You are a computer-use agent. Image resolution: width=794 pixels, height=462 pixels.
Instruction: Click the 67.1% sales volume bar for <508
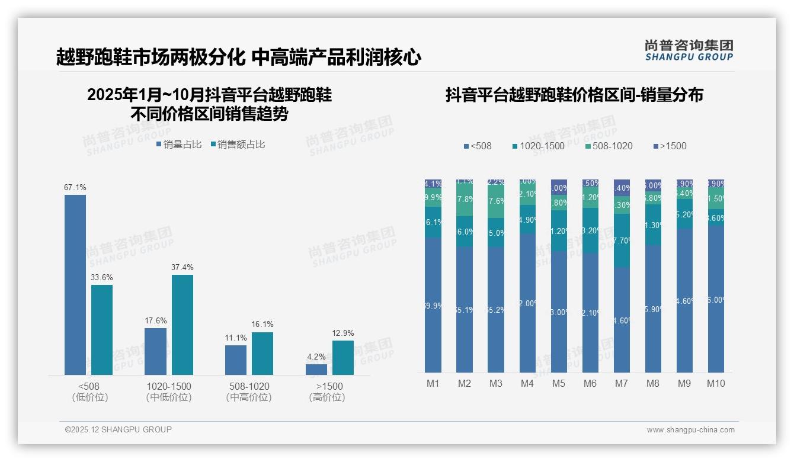[x=75, y=284]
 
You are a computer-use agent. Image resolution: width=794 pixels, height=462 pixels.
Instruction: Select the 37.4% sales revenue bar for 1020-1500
[x=183, y=325]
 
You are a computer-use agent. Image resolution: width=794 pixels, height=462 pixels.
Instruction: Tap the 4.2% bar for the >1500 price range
[x=316, y=369]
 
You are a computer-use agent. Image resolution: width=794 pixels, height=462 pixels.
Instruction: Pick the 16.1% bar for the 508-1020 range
[x=262, y=353]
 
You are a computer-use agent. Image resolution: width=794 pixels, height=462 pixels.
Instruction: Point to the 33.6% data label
[x=102, y=277]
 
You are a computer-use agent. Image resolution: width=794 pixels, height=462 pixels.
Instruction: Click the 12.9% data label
[x=343, y=333]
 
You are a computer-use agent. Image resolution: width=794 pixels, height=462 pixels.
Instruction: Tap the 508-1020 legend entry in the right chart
[x=609, y=146]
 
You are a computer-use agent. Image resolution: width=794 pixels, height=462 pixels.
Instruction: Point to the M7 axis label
[x=621, y=383]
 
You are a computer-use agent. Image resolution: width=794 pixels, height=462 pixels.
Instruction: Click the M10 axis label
[x=716, y=383]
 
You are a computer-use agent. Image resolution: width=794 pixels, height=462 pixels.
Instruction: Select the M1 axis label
[x=433, y=383]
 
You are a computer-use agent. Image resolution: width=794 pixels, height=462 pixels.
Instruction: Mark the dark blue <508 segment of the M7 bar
[x=622, y=320]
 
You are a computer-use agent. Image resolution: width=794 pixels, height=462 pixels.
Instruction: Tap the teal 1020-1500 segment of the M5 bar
[x=559, y=231]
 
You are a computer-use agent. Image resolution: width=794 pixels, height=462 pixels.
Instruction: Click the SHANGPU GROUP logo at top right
[x=689, y=50]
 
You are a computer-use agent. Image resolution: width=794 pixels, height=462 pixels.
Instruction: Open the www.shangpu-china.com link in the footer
[x=690, y=430]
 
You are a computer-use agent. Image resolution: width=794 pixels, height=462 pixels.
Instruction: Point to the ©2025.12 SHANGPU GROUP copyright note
[x=119, y=429]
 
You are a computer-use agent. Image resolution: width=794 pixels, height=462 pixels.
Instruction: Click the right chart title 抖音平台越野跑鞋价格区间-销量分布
[x=574, y=95]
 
